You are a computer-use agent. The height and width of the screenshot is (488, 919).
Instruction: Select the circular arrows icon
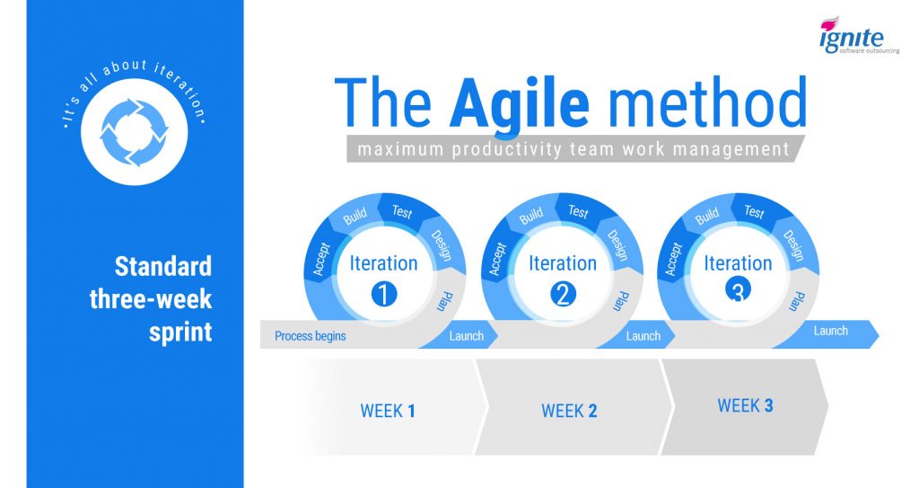click(x=135, y=132)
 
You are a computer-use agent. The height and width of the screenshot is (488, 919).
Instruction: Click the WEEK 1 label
click(x=388, y=411)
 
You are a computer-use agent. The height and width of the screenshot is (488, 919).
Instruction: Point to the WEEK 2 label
click(x=569, y=411)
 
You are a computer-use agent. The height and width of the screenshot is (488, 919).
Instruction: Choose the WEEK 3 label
click(x=745, y=405)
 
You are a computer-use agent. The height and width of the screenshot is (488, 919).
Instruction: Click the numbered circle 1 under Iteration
click(x=384, y=294)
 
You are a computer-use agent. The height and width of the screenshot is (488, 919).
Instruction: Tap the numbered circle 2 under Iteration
click(x=563, y=294)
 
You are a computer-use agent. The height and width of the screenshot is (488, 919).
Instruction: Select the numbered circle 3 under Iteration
click(x=738, y=289)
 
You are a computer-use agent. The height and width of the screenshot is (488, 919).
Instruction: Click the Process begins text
click(x=310, y=336)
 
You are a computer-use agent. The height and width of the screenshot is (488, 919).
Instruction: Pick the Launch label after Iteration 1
click(x=467, y=336)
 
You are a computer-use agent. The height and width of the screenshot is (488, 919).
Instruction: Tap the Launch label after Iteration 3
click(x=830, y=331)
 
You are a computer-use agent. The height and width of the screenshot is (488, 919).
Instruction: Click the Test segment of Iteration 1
click(x=403, y=211)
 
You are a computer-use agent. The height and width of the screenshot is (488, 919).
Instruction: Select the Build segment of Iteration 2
click(x=531, y=216)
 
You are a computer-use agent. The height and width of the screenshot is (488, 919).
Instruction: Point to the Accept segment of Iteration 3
click(x=673, y=259)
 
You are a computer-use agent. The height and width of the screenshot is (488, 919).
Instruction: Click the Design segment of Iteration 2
click(x=617, y=244)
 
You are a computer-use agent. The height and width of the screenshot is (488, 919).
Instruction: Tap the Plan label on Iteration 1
click(x=445, y=301)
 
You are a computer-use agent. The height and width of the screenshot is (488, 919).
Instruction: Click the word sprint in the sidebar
click(x=180, y=333)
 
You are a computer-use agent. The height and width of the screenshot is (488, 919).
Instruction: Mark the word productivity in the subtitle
click(x=506, y=149)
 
